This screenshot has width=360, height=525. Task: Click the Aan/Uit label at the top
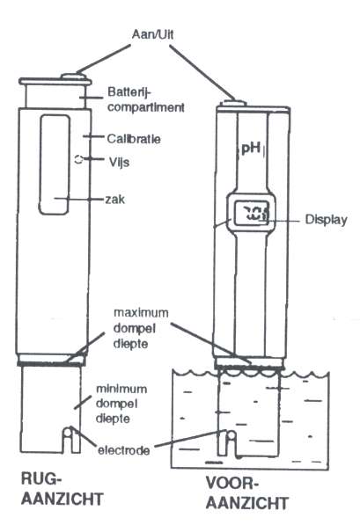click(152, 34)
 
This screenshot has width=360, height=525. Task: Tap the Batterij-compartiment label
click(146, 99)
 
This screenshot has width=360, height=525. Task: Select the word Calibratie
click(134, 139)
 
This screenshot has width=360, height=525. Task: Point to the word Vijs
click(119, 163)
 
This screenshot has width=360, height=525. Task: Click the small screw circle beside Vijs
click(78, 159)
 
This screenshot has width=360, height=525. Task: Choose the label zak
click(115, 200)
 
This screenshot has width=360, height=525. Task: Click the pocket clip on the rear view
click(55, 164)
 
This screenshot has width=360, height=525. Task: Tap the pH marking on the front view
click(251, 148)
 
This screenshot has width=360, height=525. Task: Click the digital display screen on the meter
click(252, 213)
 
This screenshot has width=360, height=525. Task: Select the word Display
click(326, 220)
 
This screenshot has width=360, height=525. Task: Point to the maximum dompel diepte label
click(141, 329)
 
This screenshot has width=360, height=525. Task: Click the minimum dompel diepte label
click(121, 404)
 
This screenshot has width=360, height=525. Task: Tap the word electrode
click(124, 450)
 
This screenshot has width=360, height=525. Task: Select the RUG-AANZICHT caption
click(62, 489)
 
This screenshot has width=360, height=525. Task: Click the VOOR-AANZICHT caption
click(247, 493)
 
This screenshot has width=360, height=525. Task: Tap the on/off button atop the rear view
click(73, 77)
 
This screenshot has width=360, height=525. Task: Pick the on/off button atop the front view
click(232, 103)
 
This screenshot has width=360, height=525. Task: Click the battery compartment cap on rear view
click(55, 93)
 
